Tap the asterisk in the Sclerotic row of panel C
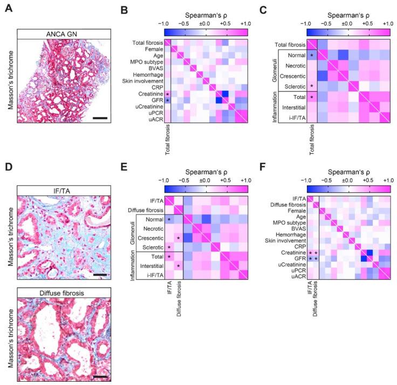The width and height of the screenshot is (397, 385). coord(312,86)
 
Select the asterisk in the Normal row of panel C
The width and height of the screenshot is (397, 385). coord(312,55)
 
